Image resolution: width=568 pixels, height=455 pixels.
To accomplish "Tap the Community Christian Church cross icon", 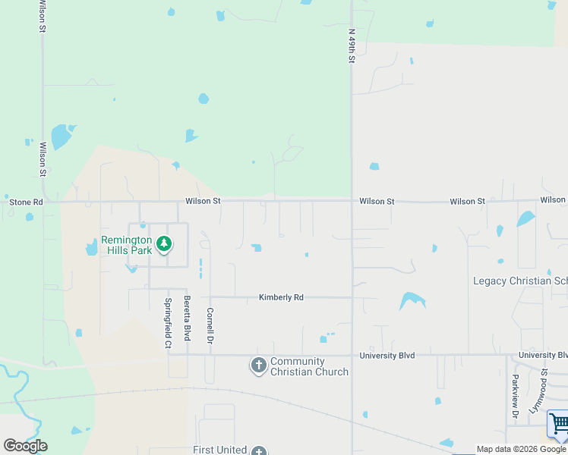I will point(258,366).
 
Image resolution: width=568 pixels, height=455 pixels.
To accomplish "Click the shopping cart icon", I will point(559,423).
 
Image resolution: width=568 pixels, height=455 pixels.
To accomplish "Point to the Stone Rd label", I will point(27,202).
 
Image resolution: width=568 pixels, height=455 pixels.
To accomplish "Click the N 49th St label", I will point(352,45).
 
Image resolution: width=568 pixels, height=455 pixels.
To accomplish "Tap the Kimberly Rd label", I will point(281,297).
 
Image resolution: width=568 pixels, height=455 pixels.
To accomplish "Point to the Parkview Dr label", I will point(515,397).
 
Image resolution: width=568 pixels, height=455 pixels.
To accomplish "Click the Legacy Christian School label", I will point(520,281).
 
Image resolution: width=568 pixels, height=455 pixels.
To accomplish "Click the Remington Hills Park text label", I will point(126,245).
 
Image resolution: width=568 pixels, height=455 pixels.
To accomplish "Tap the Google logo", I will point(25,445).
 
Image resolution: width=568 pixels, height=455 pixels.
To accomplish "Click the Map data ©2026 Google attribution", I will point(521,449).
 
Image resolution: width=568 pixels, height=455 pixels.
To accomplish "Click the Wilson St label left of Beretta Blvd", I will point(203,201).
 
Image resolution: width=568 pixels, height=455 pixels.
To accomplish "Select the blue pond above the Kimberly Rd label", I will point(257,247).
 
